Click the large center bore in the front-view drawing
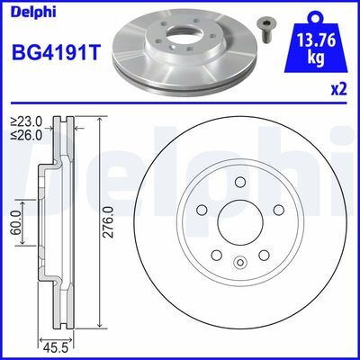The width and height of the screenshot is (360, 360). (239, 222)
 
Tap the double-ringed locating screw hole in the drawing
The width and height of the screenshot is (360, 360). (239, 264)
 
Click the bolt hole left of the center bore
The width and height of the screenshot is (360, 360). (202, 211)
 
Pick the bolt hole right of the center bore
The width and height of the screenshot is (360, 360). (277, 211)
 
